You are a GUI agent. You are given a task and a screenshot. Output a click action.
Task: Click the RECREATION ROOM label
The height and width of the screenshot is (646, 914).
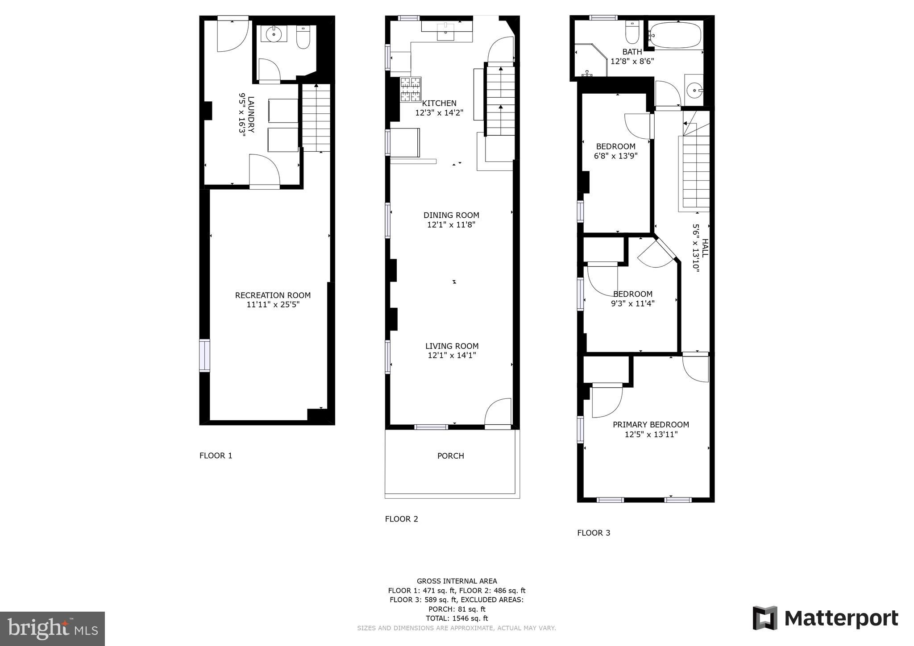coord(273,295)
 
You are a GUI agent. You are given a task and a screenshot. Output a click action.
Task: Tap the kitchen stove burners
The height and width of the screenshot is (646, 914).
coord(410,89)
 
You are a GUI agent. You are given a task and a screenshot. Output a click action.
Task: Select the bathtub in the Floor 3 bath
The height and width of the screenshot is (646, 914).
coord(675,35)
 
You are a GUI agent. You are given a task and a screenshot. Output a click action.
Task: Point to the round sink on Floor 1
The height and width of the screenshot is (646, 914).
coord(273,34)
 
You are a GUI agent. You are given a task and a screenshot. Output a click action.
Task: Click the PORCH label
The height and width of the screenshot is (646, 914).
coord(450,456)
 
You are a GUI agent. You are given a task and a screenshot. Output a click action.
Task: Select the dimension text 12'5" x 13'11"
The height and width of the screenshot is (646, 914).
coord(651,435)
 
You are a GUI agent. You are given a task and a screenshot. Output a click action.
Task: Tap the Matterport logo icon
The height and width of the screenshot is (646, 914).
coord(765,618)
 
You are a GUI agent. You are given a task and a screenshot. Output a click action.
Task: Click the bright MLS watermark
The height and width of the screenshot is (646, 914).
coord(52,629)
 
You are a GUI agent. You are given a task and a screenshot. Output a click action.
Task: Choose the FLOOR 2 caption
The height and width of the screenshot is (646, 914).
coord(401,519)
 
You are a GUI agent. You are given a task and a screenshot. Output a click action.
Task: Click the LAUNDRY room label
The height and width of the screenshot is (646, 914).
coord(251,115)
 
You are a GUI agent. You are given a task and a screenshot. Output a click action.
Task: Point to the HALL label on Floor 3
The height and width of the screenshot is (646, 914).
coord(705,248)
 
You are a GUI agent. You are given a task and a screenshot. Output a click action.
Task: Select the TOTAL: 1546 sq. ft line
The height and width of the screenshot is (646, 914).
coord(457,618)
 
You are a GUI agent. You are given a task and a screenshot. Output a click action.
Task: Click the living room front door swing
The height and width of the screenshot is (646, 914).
coord(498,412)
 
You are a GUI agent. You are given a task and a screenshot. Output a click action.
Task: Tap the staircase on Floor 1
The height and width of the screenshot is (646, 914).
coord(316,118)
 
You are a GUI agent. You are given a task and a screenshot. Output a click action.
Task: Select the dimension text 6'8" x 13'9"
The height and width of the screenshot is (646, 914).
coord(615,156)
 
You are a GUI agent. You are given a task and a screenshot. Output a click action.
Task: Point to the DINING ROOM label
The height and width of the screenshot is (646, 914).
coord(451,215)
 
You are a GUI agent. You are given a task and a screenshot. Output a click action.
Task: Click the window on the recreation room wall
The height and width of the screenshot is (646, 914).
coord(204,356)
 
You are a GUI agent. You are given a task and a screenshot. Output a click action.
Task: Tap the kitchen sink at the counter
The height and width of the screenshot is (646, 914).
coord(445,32)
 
